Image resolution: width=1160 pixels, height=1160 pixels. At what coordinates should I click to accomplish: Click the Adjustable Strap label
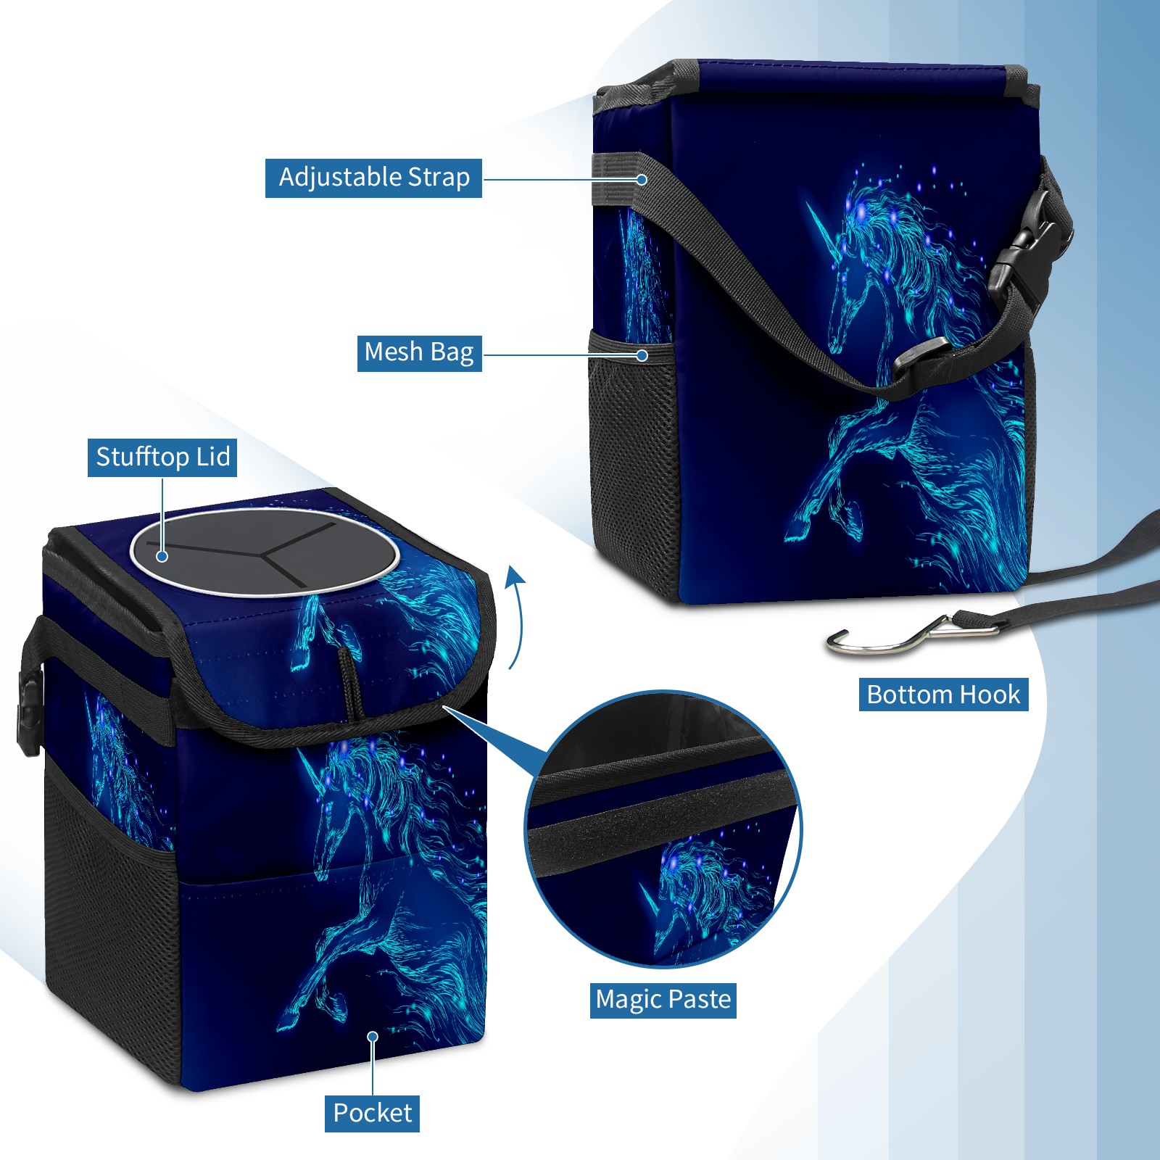373,178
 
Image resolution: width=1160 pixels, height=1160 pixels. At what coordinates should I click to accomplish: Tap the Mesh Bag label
419,353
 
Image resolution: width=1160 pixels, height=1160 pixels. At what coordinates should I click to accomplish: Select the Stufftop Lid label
162,457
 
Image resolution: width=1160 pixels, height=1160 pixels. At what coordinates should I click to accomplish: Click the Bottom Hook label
943,695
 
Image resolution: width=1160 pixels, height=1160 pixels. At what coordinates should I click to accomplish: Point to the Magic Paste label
663,1000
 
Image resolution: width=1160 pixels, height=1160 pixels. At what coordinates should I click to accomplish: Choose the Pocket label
372,1113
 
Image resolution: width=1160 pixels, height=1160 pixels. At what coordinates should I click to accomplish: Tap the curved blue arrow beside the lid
515,617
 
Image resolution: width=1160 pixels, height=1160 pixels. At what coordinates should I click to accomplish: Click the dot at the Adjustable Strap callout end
642,179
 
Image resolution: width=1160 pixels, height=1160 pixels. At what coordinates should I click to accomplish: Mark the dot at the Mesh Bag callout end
642,355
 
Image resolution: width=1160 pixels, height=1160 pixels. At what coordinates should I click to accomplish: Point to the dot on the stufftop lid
162,556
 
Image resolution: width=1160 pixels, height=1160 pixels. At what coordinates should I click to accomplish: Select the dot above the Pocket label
373,1037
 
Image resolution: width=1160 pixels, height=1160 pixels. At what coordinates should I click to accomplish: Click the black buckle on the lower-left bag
30,713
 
